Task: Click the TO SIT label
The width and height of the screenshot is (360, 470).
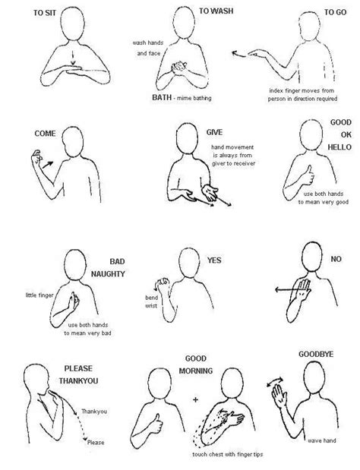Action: [45, 13]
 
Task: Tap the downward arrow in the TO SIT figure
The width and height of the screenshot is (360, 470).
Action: [73, 58]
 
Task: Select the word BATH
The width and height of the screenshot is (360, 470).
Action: [162, 97]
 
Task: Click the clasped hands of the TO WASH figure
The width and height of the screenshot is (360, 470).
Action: [179, 68]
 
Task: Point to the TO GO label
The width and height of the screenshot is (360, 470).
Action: [336, 12]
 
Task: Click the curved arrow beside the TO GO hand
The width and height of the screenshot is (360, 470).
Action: [238, 54]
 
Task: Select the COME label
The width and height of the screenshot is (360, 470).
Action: [45, 134]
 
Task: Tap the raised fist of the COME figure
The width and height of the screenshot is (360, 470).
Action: [37, 156]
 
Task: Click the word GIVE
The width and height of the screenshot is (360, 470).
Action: [214, 132]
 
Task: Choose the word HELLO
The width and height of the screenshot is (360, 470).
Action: [339, 147]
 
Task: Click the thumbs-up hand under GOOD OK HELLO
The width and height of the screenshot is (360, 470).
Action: [308, 175]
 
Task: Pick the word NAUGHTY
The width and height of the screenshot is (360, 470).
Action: [108, 274]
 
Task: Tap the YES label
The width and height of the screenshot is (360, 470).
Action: [214, 260]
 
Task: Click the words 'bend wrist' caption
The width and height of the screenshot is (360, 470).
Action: [151, 301]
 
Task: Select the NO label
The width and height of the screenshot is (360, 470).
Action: [336, 259]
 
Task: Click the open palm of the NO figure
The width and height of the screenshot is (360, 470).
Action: [302, 289]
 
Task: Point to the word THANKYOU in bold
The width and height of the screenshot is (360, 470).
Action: [78, 381]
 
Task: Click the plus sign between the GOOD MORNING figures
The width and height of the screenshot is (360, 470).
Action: [196, 399]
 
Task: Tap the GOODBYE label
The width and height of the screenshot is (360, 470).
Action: [316, 355]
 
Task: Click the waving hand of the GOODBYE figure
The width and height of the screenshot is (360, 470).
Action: [279, 396]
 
